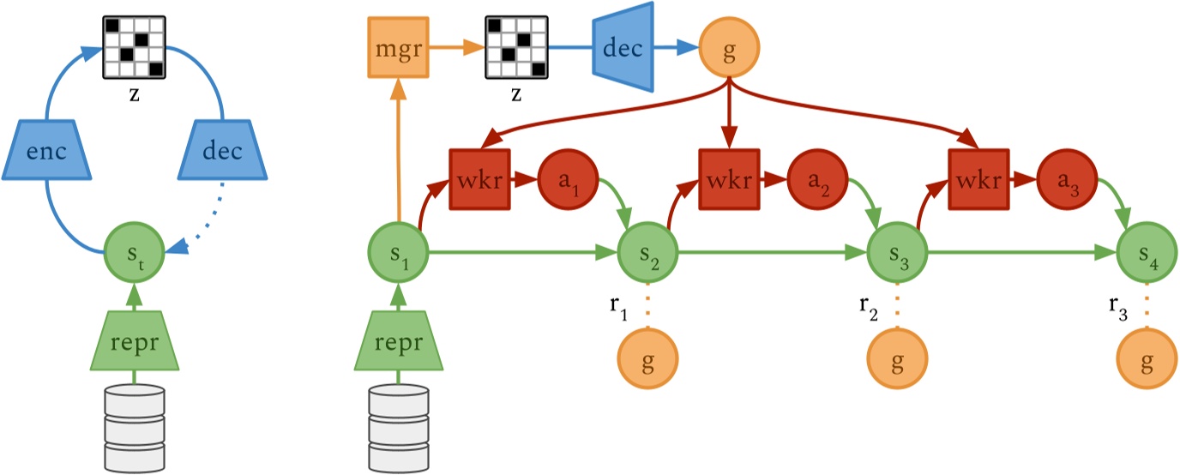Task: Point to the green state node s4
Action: pos(1147,253)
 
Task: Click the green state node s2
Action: pos(647,253)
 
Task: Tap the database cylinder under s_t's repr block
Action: pos(134,425)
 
